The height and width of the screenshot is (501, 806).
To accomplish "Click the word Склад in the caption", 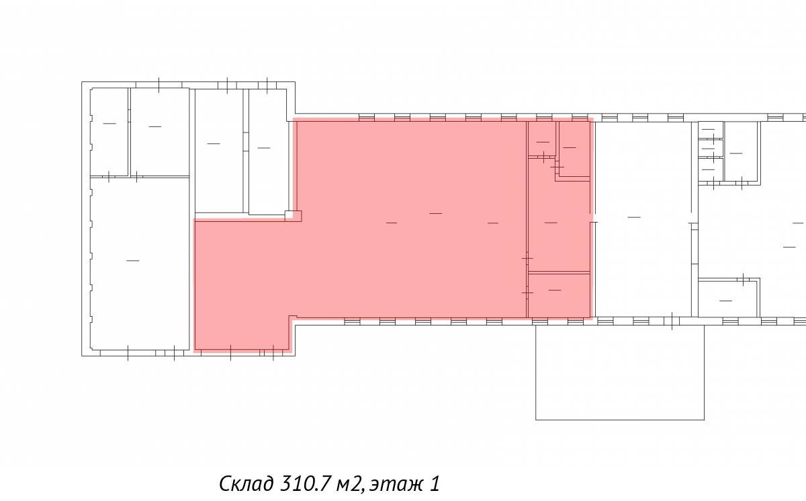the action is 246,484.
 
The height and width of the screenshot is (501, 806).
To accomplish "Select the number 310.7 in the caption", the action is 306,484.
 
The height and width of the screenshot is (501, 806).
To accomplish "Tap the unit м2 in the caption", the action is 349,484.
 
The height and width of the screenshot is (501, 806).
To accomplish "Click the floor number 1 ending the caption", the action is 435,484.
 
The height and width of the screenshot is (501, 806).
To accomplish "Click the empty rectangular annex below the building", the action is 619,372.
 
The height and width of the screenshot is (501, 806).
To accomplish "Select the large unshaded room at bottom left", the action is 140,264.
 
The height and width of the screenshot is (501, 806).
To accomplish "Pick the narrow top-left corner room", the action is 109,132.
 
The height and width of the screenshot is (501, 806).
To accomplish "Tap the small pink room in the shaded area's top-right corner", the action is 574,149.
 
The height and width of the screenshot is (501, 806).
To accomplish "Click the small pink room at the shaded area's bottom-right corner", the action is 559,295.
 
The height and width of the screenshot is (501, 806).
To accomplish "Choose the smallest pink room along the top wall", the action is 542,139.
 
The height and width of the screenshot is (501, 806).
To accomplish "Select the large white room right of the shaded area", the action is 643,219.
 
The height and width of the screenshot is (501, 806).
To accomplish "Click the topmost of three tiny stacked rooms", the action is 711,130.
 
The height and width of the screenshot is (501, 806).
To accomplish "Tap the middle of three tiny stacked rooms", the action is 711,149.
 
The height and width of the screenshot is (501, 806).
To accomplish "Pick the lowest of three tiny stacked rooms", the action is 711,169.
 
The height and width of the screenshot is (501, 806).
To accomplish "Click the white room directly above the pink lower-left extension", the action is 219,151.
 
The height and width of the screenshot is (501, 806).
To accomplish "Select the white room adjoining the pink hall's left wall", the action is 268,151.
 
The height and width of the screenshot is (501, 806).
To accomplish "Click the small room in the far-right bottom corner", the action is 728,299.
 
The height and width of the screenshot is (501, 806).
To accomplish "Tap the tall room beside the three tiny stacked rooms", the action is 741,151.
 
